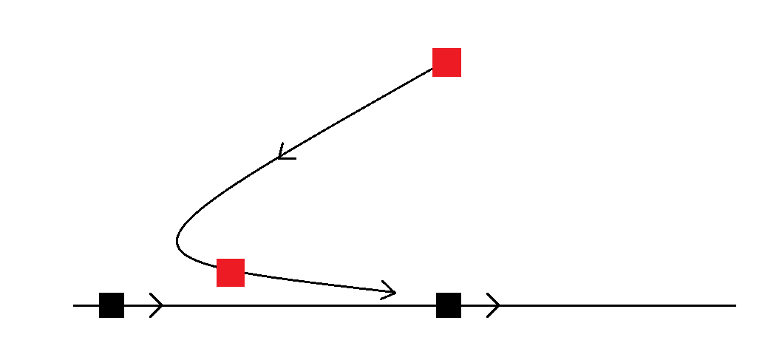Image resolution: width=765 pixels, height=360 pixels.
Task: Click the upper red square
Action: click(446, 62)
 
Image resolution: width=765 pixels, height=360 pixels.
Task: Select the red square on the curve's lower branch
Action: click(231, 273)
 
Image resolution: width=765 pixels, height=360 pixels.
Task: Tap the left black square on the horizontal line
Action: click(112, 305)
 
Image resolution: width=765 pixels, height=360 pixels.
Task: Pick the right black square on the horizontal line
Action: click(449, 305)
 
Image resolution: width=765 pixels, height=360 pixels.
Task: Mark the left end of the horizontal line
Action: click(74, 305)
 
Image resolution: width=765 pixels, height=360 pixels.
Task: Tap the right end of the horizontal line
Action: click(735, 305)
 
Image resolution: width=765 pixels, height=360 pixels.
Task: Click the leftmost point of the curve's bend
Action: click(177, 241)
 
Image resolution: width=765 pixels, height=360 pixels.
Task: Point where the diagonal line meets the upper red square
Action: click(432, 69)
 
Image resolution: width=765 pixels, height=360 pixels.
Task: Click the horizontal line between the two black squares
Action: click(296, 305)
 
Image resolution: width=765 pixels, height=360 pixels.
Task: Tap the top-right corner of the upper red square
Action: click(460, 49)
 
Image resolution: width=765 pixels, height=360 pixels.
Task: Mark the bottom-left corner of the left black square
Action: click(100, 317)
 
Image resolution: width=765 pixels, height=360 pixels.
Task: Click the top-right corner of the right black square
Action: click(460, 293)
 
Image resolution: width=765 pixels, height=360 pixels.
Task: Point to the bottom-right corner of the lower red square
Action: click(244, 286)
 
